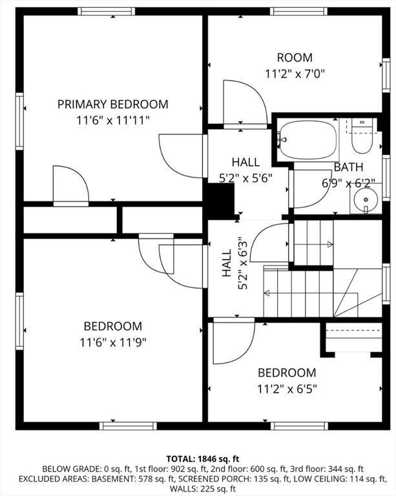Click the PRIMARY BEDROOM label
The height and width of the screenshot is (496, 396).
pyautogui.click(x=112, y=104)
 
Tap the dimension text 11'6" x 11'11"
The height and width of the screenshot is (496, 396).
pyautogui.click(x=112, y=119)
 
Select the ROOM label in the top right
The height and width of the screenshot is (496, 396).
pyautogui.click(x=294, y=58)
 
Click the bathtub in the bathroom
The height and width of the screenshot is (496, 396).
pyautogui.click(x=308, y=139)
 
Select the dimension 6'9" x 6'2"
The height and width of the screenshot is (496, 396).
pyautogui.click(x=349, y=183)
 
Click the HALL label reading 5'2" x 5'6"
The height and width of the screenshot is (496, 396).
pyautogui.click(x=245, y=162)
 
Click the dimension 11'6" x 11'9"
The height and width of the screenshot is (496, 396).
pyautogui.click(x=112, y=342)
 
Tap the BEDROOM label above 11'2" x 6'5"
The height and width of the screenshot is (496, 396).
pyautogui.click(x=287, y=373)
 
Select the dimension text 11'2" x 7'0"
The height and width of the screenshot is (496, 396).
pyautogui.click(x=294, y=74)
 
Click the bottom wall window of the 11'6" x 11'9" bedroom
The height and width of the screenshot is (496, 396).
pyautogui.click(x=128, y=426)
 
